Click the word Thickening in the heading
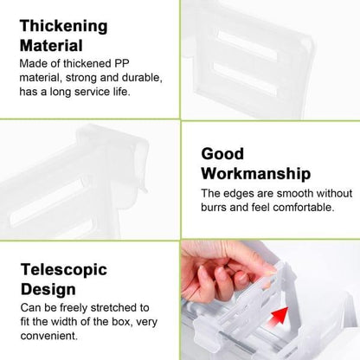[x=64, y=27]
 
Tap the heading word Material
[x=51, y=46]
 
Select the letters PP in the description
[x=122, y=63]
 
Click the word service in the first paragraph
[x=92, y=92]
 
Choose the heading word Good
[x=222, y=153]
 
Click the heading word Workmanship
[x=256, y=173]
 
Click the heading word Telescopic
[x=64, y=270]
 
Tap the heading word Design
[x=48, y=289]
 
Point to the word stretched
[x=115, y=307]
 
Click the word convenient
[x=49, y=336]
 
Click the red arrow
[x=278, y=316]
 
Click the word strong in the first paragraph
[x=80, y=78]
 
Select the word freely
[x=74, y=308]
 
